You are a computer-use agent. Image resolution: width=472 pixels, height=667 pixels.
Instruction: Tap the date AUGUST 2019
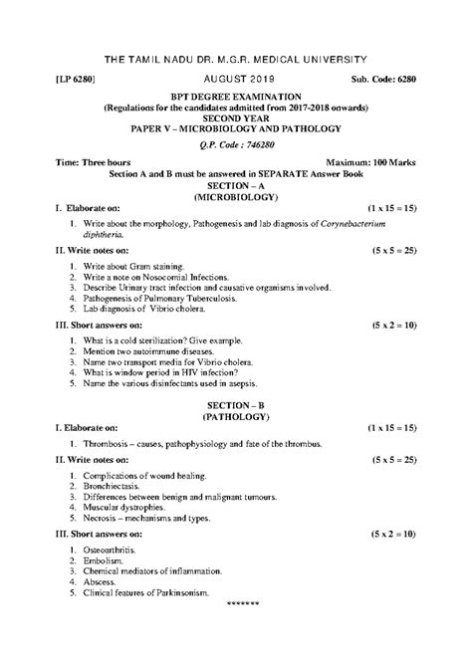236,76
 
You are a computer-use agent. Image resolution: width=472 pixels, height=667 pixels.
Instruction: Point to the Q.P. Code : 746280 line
236,142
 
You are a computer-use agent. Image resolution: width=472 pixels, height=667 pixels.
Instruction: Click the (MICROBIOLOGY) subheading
236,196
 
